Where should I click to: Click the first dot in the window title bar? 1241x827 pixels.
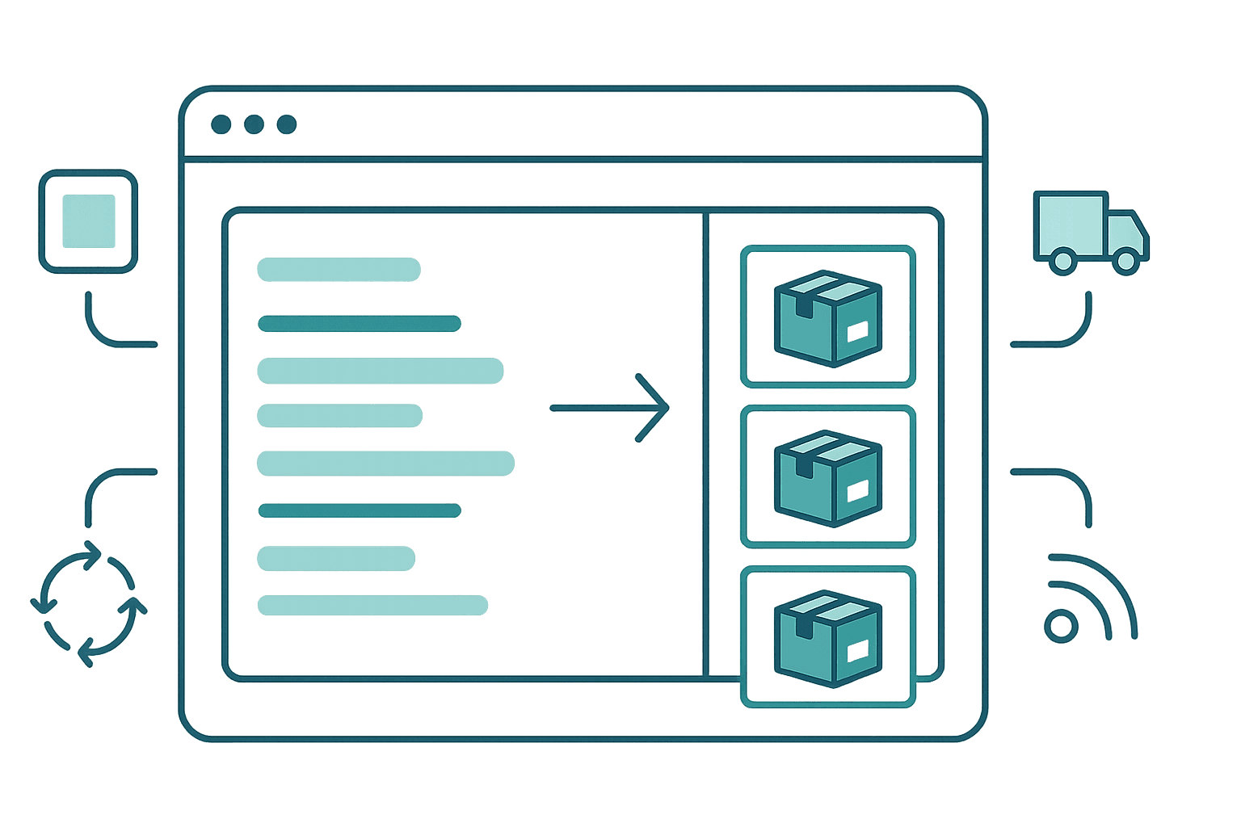[x=221, y=124]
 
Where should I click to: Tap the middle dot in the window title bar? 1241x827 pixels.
[x=254, y=124]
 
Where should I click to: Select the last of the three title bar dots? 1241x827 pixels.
[x=287, y=124]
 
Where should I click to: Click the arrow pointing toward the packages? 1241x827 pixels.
[x=611, y=408]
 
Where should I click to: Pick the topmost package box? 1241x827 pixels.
[x=827, y=317]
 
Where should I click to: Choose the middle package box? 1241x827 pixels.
[x=827, y=477]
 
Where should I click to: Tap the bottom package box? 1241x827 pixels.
[x=827, y=637]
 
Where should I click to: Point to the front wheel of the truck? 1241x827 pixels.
[x=1124, y=259]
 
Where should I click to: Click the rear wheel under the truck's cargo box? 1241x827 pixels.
[x=1063, y=259]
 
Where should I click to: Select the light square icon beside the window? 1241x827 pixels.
[x=88, y=221]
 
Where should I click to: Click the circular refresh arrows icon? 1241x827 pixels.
[x=88, y=602]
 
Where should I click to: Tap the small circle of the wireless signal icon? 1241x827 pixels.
[x=1061, y=627]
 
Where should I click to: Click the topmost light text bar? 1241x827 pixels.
[x=339, y=270]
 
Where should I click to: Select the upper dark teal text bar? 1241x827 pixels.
[x=359, y=325]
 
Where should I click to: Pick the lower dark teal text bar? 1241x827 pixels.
[x=359, y=510]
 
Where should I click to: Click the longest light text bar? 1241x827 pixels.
[x=385, y=464]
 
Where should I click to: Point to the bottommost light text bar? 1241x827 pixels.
[x=372, y=605]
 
